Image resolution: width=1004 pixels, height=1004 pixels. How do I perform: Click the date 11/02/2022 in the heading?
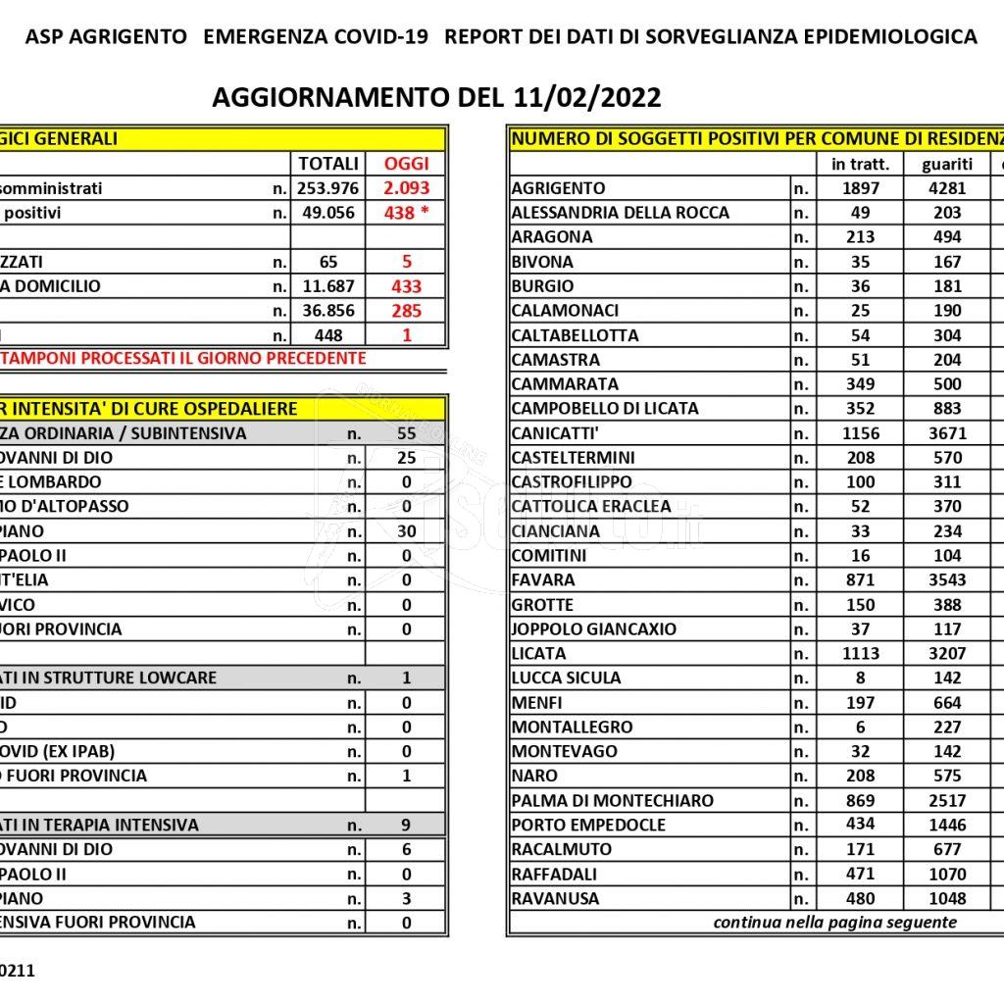[586, 98]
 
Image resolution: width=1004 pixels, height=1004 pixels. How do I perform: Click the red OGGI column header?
[407, 164]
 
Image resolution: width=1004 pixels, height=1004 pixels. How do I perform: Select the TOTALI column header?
[328, 164]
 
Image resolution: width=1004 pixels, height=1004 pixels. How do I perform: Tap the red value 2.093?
[407, 188]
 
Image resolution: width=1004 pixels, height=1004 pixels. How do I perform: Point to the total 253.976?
[328, 188]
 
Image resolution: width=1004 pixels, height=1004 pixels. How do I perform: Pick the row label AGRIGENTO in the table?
[559, 188]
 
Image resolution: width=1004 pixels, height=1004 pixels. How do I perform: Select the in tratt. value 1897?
[861, 188]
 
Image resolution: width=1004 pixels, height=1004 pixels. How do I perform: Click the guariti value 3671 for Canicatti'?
[947, 433]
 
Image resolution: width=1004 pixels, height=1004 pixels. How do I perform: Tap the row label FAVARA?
[543, 580]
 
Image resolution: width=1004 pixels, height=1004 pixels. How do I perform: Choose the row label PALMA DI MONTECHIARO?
[613, 801]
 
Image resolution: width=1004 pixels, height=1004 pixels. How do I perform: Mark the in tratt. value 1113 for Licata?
[861, 654]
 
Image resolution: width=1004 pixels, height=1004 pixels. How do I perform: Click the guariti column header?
[947, 164]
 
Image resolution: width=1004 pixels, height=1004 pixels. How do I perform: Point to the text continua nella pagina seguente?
[835, 923]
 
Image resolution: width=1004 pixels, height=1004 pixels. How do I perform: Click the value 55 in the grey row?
[407, 433]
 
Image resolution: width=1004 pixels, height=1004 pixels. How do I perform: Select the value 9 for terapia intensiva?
[406, 825]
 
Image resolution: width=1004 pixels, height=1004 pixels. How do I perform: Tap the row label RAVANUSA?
[555, 898]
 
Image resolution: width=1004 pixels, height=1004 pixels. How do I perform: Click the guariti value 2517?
[947, 801]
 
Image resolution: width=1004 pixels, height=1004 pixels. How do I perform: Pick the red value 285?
[407, 311]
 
